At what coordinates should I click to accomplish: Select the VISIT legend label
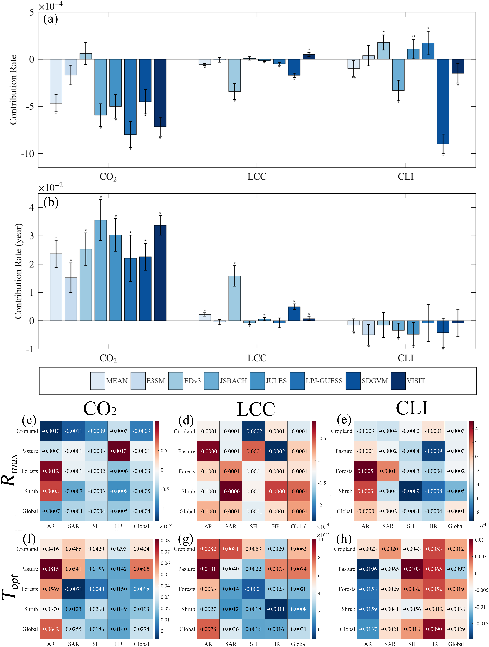coord(416,381)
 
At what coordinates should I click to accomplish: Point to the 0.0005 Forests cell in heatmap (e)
coord(365,471)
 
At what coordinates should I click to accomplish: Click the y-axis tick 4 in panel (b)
coord(32,208)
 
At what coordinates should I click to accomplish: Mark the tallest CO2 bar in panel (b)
coord(101,270)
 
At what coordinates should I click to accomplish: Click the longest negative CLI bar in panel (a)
coord(443,101)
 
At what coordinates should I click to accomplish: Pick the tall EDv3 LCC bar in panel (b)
coord(235,298)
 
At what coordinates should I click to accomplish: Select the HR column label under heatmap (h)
coord(434,644)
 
